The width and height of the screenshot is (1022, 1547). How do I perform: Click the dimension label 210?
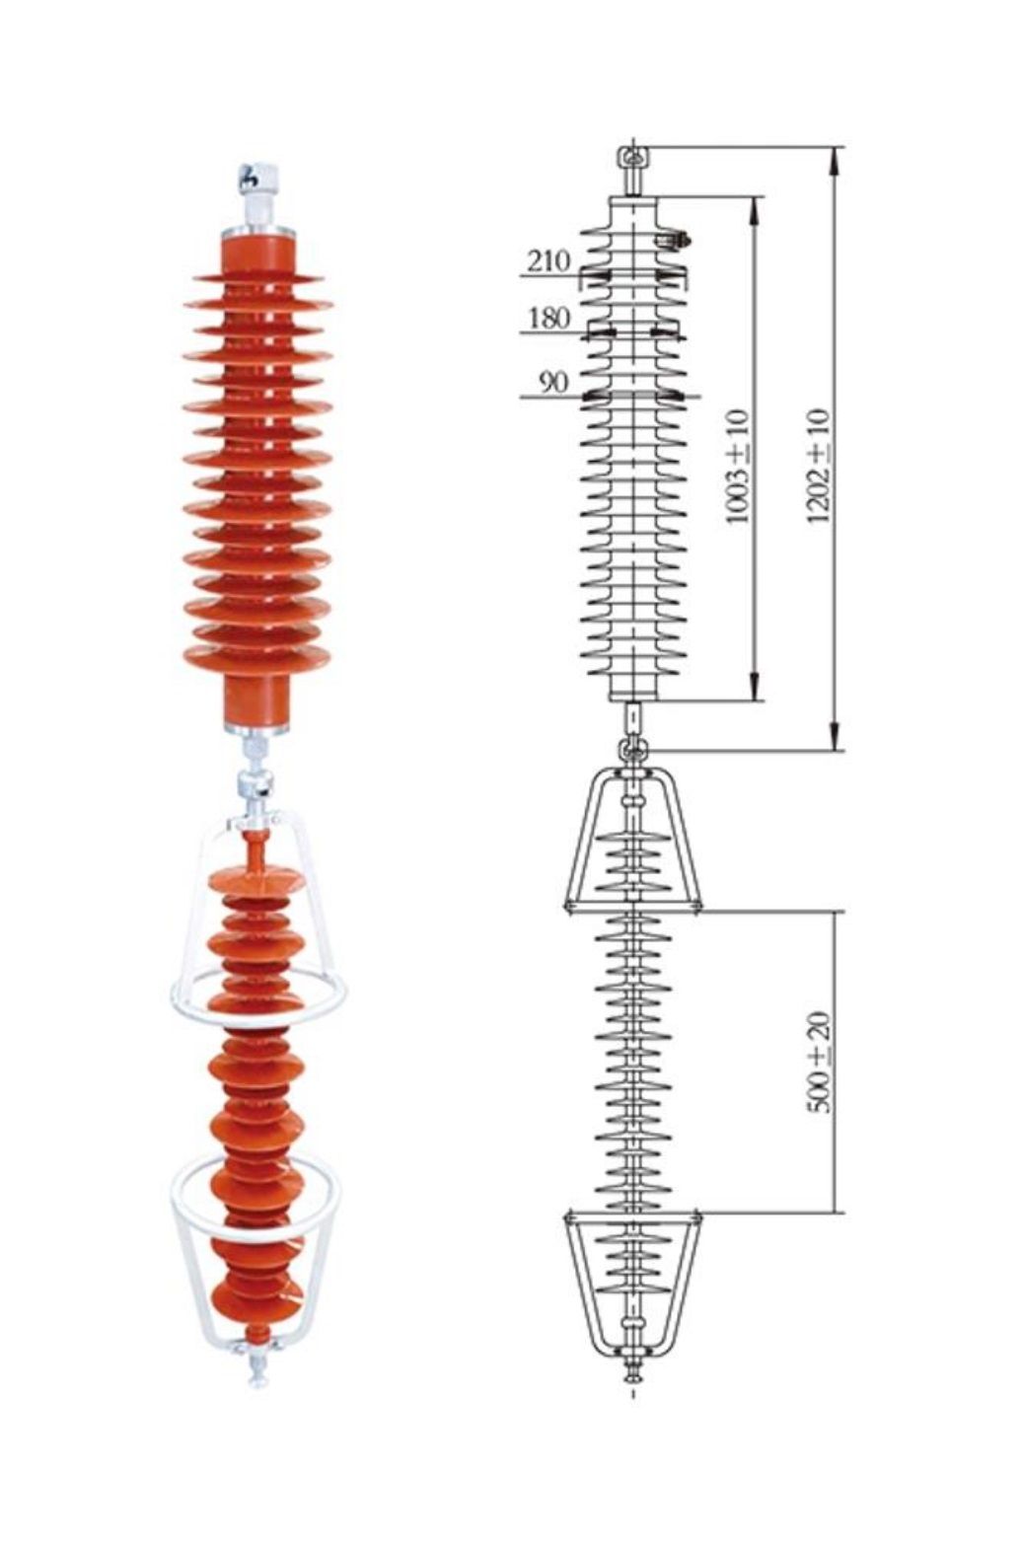[549, 261]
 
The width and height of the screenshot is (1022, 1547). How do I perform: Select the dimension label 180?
[549, 319]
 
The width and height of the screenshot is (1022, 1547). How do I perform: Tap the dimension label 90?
[553, 382]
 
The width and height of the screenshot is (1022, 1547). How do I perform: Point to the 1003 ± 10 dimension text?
[737, 468]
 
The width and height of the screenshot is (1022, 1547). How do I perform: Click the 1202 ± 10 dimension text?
[819, 466]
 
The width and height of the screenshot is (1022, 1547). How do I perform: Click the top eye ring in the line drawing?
[631, 158]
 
